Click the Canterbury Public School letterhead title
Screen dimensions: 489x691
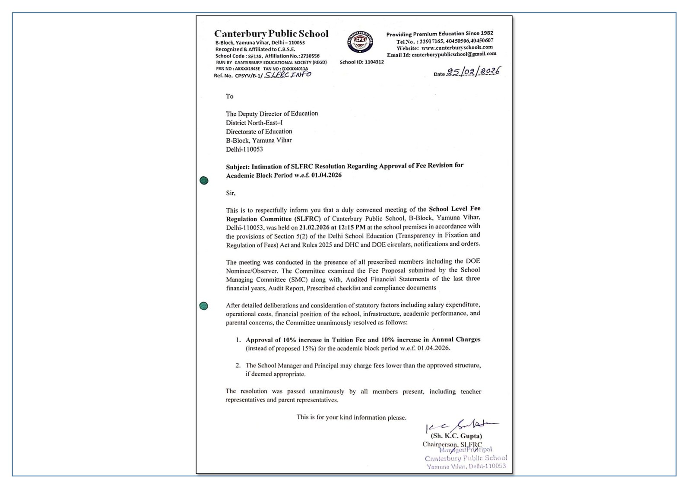tap(271, 34)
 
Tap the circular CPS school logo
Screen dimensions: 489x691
tap(360, 42)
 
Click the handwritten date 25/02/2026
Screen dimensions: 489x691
tap(473, 71)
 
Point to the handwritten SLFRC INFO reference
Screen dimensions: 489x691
tap(288, 74)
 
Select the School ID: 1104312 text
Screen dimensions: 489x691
tap(361, 62)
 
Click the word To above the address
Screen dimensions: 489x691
tap(229, 96)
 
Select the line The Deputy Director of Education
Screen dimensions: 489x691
tap(272, 114)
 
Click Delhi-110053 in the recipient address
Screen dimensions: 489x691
tap(244, 149)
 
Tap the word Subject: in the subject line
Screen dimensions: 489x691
tap(238, 167)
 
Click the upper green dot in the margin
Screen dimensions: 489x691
tap(204, 181)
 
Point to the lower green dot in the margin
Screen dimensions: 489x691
tap(204, 306)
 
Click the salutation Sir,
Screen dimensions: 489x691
tap(231, 193)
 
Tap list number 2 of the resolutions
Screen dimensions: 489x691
tap(238, 365)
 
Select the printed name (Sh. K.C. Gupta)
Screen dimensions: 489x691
tap(456, 436)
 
